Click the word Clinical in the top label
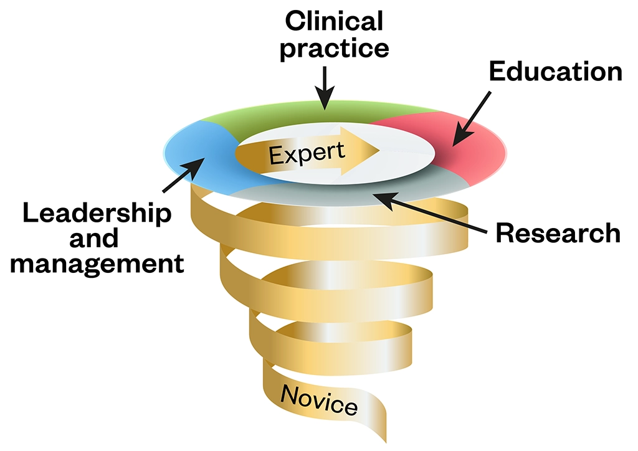335,21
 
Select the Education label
555,72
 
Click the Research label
558,234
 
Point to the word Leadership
97,214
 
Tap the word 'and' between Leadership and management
97,238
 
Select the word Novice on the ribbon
319,399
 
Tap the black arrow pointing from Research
430,216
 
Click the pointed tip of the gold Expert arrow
379,148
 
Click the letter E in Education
497,72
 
